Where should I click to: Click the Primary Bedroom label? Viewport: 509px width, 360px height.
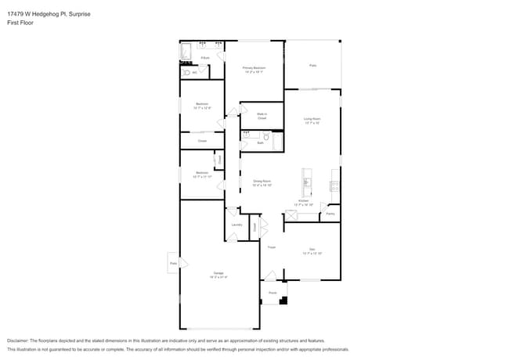click(x=254, y=70)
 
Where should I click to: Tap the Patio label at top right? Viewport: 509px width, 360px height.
click(x=312, y=65)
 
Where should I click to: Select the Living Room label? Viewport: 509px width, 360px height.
click(x=312, y=120)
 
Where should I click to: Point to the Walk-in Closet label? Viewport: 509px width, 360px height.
click(x=262, y=116)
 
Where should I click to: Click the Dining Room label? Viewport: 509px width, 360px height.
click(x=262, y=182)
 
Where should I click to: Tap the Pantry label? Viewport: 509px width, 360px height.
click(x=330, y=213)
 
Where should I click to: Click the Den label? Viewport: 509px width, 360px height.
click(x=312, y=251)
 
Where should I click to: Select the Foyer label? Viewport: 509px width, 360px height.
click(x=271, y=247)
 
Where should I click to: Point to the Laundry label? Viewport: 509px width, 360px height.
click(x=236, y=225)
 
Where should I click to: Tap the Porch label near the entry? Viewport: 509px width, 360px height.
click(x=273, y=293)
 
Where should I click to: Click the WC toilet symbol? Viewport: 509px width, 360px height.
click(x=186, y=73)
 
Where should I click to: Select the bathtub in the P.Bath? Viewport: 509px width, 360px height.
click(x=186, y=52)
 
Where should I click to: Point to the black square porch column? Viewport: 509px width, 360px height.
click(x=283, y=300)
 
